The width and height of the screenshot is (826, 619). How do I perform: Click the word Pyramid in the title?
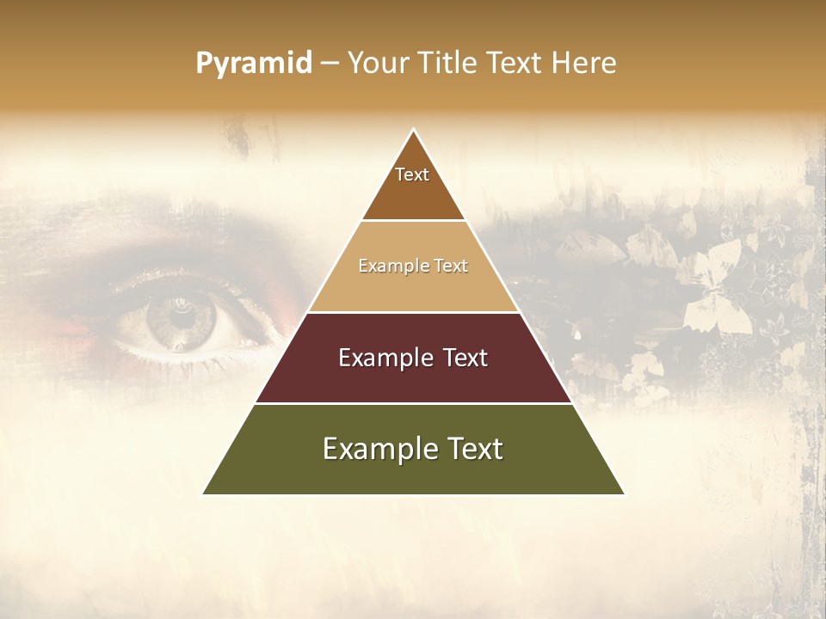point(254,64)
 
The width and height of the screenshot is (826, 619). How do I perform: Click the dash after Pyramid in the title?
point(330,64)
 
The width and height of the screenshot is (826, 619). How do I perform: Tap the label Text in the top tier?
point(412,175)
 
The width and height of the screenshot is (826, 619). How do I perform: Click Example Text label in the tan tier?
point(413,266)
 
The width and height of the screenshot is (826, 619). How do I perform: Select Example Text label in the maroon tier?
point(413,358)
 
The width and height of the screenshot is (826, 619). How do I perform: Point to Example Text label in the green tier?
point(413,449)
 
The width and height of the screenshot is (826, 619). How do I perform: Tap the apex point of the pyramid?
point(414,130)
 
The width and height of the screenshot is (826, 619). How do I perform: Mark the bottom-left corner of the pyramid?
point(203,494)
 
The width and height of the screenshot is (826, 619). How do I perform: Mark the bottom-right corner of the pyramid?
point(624,494)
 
